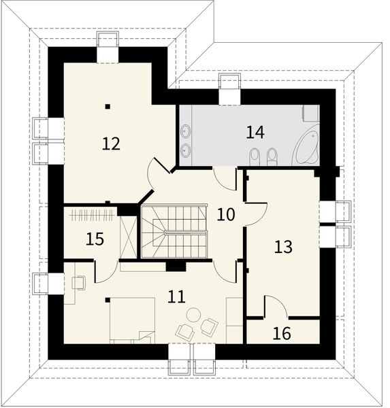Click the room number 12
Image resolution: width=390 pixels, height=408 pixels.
coord(111,143)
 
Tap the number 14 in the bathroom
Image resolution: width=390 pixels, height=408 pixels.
coord(255,132)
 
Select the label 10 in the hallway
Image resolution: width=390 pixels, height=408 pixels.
coord(226,215)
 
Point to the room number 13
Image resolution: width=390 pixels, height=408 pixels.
coord(282,246)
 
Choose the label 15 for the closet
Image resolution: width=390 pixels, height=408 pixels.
coord(95,239)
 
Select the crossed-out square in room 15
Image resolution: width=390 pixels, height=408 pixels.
coord(127,234)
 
